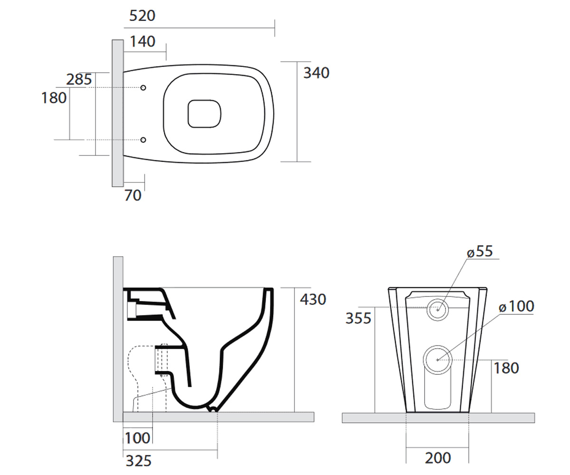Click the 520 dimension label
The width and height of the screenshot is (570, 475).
(142, 16)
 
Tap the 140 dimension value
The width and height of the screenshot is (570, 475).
(142, 41)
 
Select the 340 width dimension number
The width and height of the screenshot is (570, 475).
(316, 73)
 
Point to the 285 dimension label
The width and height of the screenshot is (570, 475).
(79, 79)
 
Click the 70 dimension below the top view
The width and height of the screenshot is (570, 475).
(133, 195)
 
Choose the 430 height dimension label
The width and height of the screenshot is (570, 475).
(313, 299)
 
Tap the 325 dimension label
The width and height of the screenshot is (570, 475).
(138, 461)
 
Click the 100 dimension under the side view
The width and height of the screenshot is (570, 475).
(137, 438)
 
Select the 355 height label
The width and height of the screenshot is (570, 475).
(359, 318)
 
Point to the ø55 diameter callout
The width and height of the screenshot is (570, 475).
(480, 251)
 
